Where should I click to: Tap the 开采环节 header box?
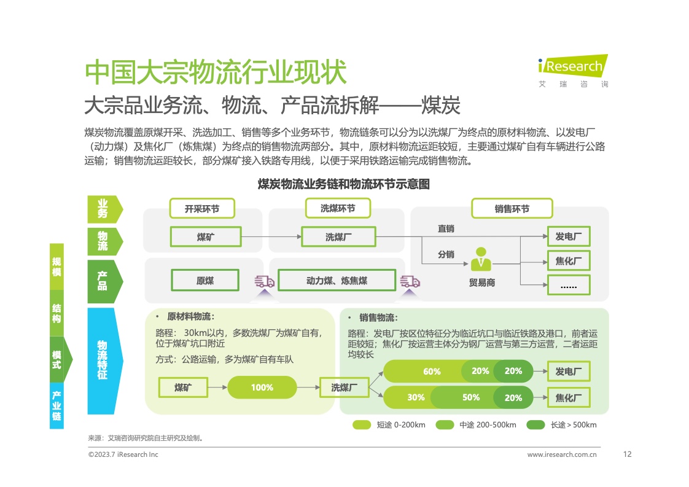[x=202, y=209]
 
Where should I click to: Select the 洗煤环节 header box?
[x=337, y=208]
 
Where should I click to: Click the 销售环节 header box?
[x=512, y=209]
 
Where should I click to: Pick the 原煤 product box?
[x=205, y=281]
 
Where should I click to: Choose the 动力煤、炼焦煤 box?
[x=336, y=281]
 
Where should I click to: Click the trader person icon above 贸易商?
[x=481, y=259]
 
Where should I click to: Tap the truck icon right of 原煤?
[x=265, y=282]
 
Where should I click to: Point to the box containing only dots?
[x=568, y=285]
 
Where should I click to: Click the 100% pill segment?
[x=262, y=388]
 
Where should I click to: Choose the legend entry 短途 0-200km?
[x=389, y=425]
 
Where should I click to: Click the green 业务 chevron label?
[x=103, y=209]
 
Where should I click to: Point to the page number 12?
[x=627, y=454]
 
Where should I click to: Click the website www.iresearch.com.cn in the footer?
[x=562, y=455]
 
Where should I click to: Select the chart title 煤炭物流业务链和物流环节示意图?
[x=343, y=184]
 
